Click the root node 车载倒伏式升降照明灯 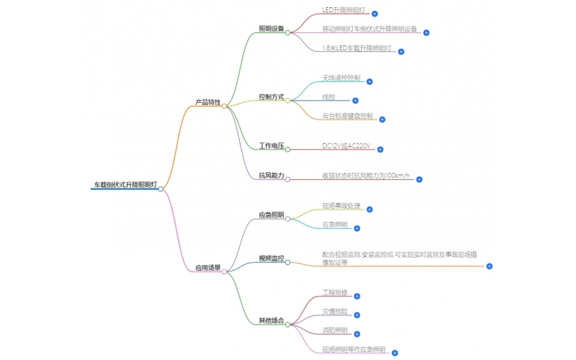124,185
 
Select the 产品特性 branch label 208,103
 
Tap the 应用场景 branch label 208,268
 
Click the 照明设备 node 271,29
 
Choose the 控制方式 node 271,96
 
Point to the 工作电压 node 271,146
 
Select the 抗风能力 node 271,176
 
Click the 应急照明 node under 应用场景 271,215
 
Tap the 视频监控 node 271,258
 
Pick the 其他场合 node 271,320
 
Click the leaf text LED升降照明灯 345,10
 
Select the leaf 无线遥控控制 341,78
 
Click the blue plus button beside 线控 355,100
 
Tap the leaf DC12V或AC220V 347,146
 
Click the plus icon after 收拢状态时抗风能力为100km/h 419,179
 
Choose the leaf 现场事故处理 341,206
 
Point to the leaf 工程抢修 335,292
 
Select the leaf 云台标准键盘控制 348,115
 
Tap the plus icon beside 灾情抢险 357,315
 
